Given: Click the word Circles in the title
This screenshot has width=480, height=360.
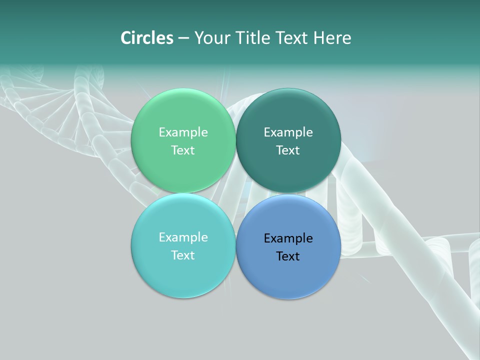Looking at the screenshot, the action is [146, 38].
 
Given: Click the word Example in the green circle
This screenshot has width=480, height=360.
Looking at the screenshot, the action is [183, 132].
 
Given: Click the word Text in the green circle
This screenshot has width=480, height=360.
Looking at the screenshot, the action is [183, 150].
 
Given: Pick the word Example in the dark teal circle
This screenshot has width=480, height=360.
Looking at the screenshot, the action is [288, 132].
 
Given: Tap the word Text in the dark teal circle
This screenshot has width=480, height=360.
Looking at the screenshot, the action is [288, 150].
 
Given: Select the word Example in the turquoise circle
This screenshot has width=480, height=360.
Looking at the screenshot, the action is [183, 237].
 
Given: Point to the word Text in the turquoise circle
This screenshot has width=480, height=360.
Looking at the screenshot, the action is [183, 255].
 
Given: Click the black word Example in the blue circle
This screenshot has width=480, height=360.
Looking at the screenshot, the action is [288, 238].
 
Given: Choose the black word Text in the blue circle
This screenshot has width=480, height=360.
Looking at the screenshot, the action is [288, 256].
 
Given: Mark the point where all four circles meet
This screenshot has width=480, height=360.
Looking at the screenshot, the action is [235, 193].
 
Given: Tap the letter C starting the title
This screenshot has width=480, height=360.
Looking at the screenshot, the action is [126, 38].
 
